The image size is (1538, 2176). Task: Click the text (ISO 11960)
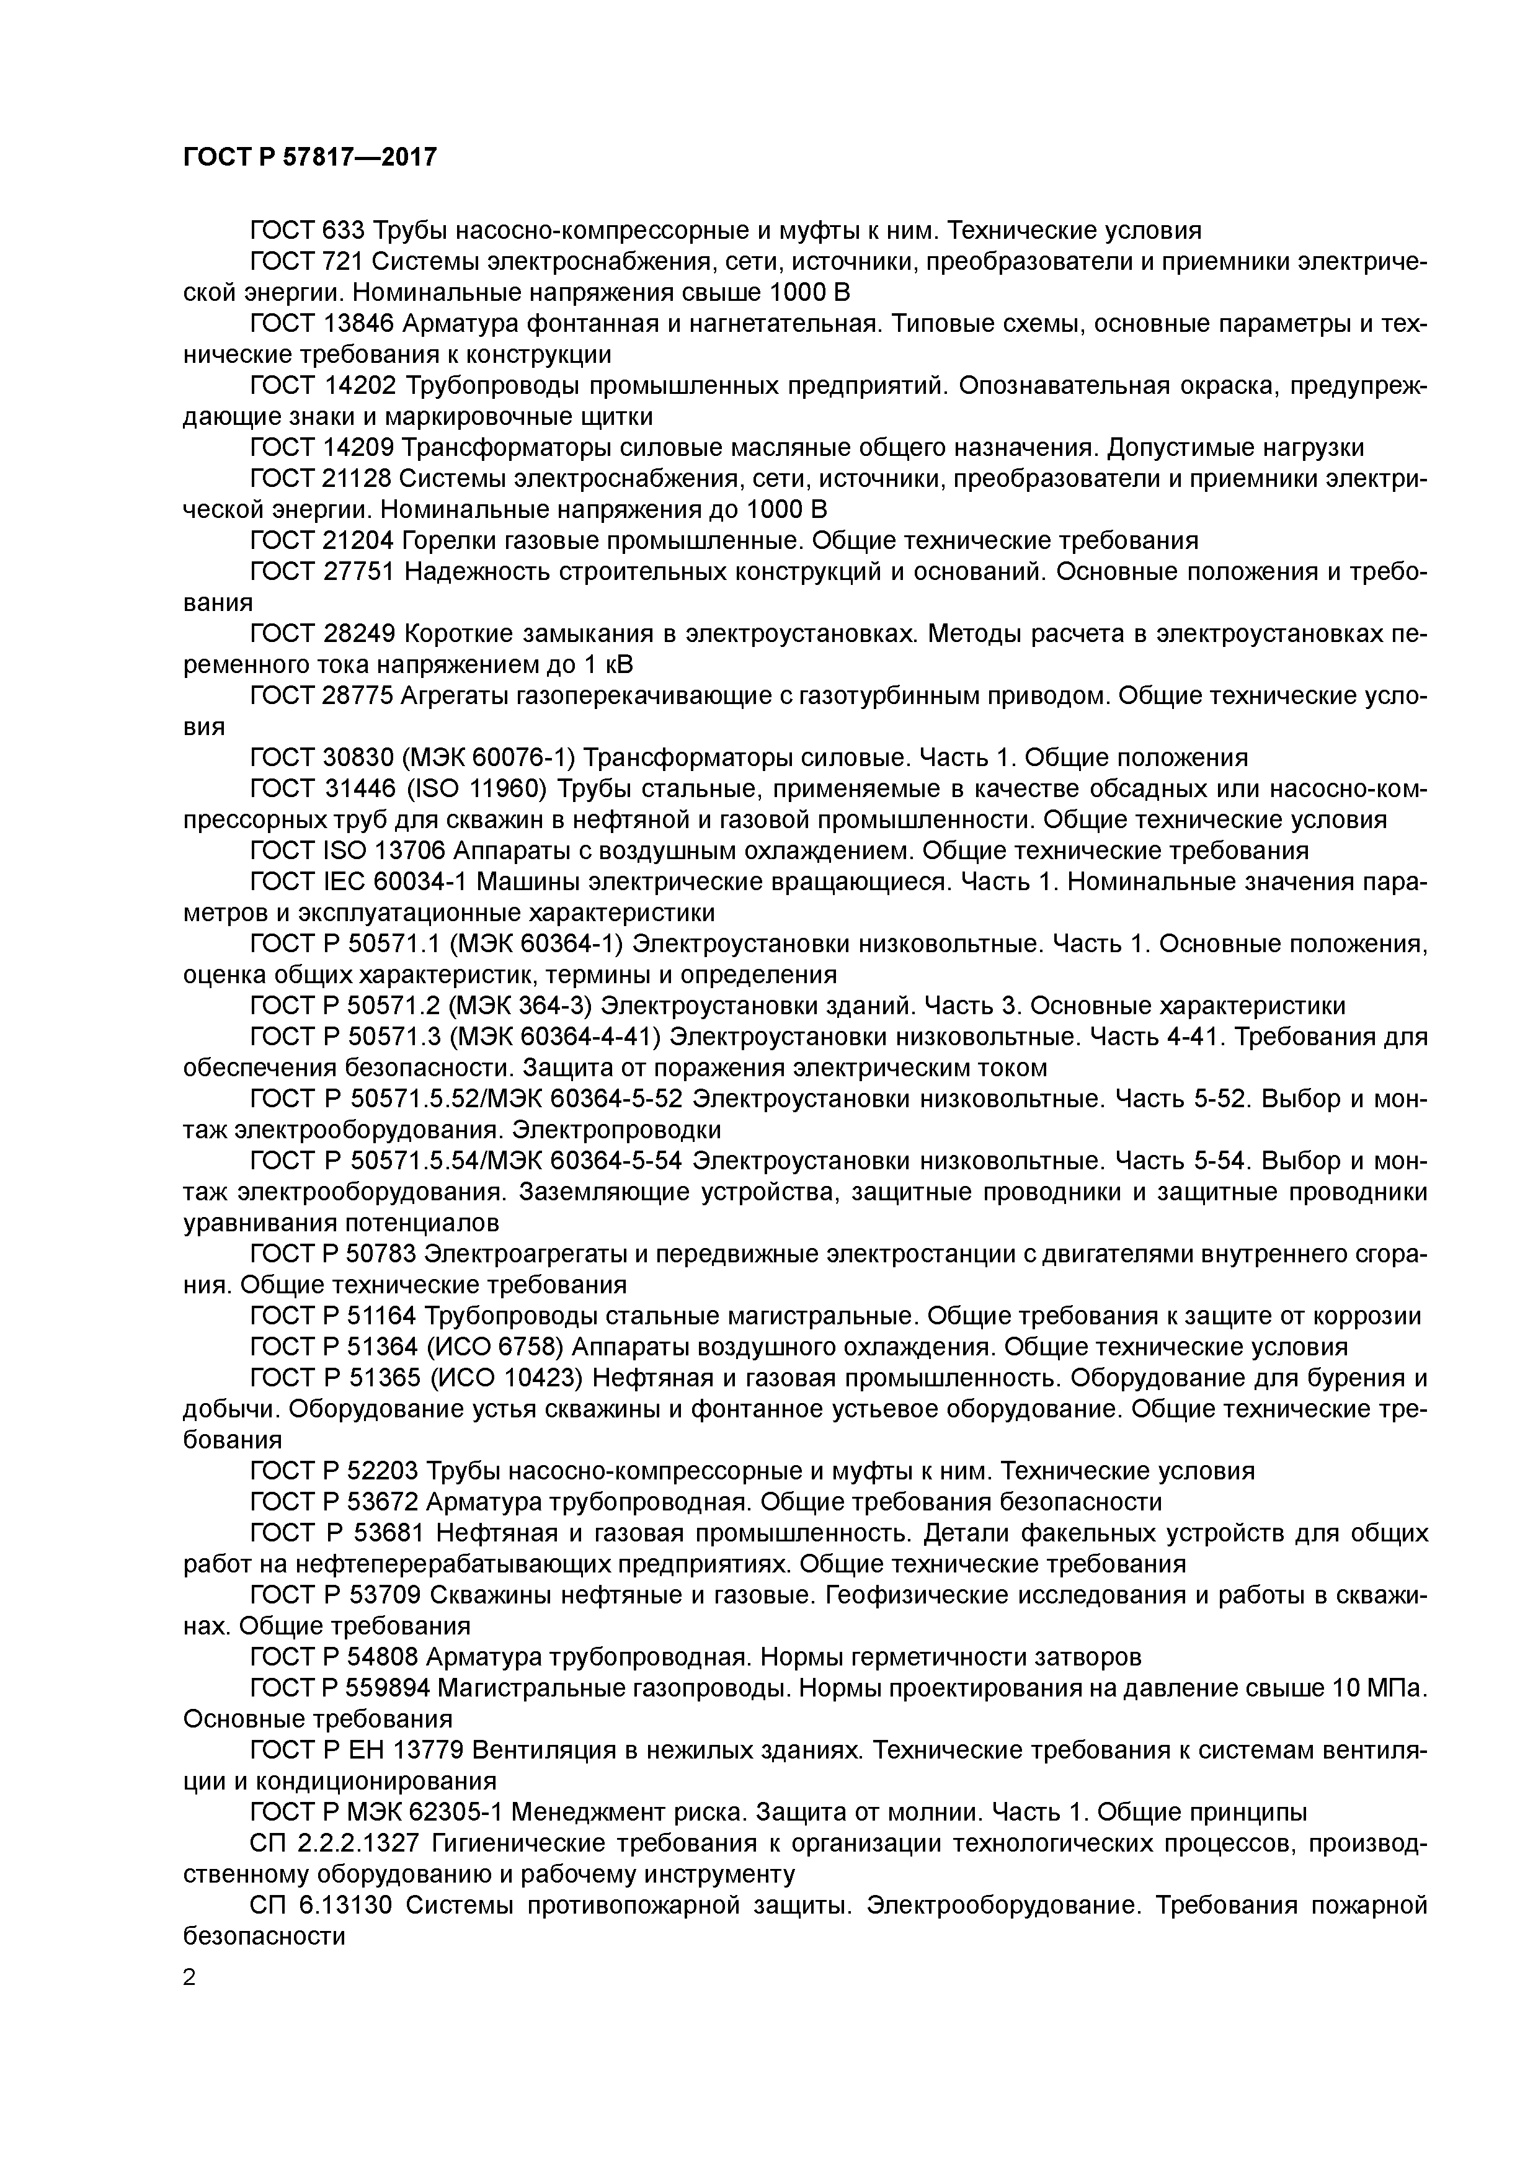473,788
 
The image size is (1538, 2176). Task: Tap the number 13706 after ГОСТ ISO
397,850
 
